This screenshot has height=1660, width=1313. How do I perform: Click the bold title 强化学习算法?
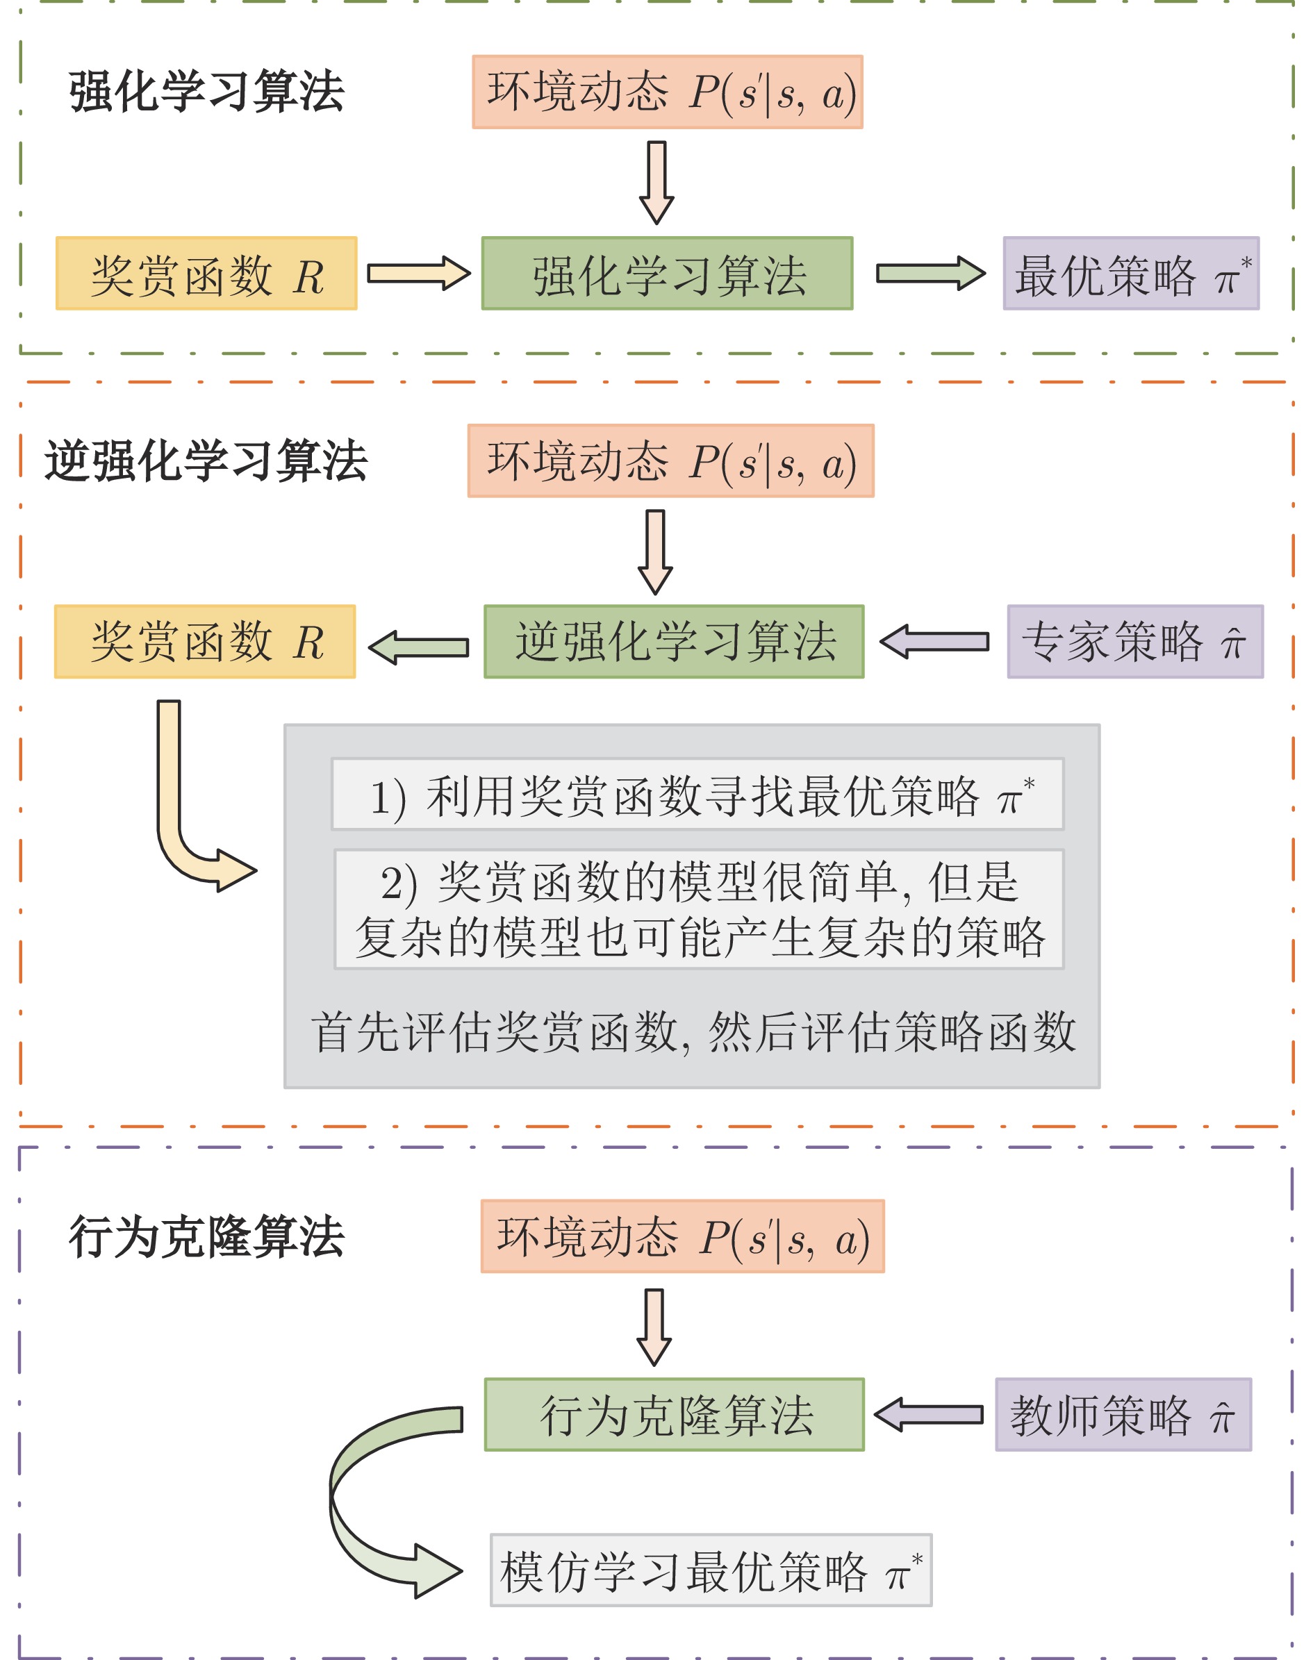point(206,92)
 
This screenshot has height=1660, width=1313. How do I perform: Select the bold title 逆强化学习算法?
point(206,461)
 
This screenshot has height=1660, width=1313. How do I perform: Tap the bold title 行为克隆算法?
point(206,1237)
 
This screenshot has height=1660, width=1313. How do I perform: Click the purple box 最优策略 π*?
point(1131,274)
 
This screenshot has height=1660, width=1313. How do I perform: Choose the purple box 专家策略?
point(1134,642)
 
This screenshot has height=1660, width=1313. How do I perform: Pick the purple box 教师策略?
point(1123,1415)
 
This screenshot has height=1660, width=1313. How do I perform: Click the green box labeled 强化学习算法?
point(667,274)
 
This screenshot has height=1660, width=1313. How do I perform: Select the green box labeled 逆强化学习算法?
point(674,642)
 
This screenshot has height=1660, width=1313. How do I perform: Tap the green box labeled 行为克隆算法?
point(674,1415)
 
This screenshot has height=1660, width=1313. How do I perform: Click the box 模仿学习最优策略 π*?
point(711,1570)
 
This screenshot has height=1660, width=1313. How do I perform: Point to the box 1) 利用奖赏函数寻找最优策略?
point(698,794)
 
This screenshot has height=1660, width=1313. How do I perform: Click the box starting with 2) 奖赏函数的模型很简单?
point(700,909)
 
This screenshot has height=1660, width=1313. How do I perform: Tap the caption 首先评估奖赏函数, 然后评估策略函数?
point(693,1031)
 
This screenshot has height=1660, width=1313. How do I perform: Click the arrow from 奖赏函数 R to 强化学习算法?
point(419,274)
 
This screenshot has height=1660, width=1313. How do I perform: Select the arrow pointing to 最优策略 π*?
point(931,274)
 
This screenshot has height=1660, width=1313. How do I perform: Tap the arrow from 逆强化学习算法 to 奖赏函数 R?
point(419,647)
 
